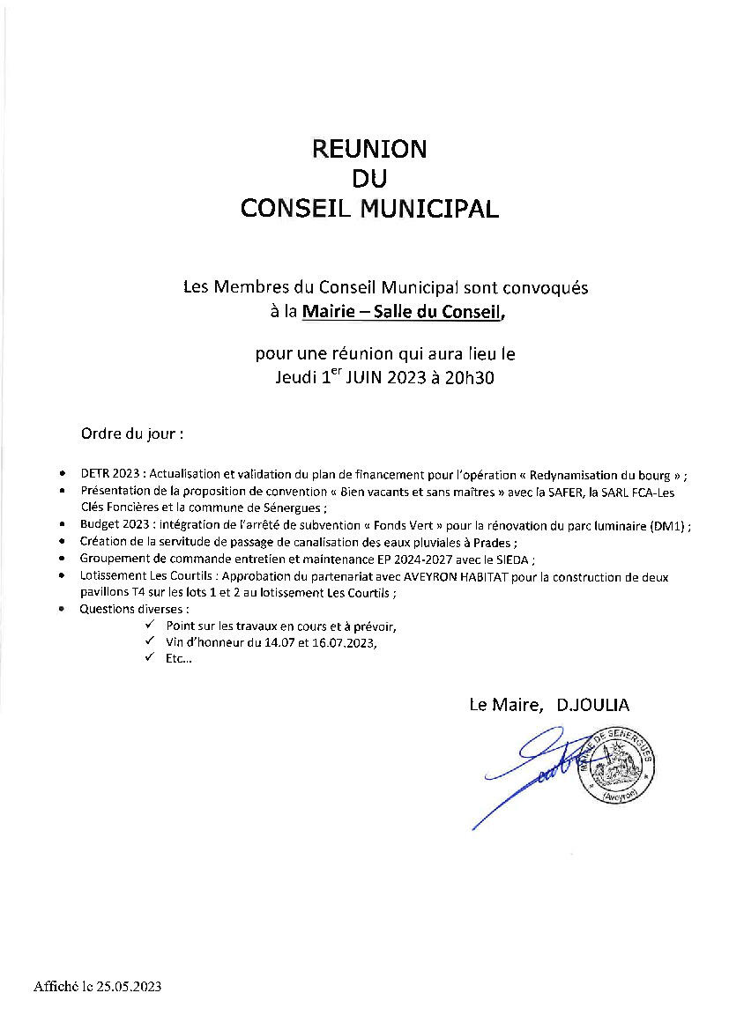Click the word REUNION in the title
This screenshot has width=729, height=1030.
tap(369, 149)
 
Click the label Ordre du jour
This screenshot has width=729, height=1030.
tap(132, 434)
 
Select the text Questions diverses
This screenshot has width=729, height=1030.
tap(134, 609)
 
